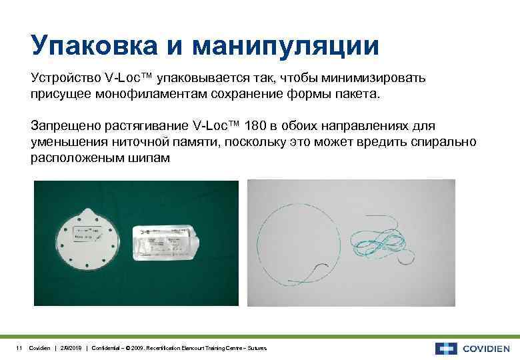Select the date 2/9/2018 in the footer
[x=71, y=349]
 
